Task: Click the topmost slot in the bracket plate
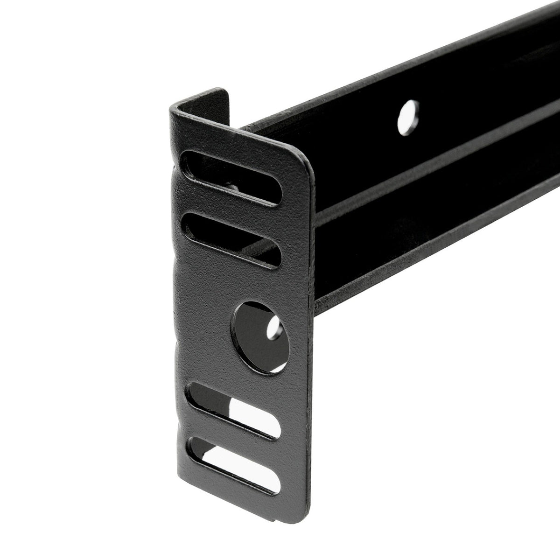click(x=231, y=177)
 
